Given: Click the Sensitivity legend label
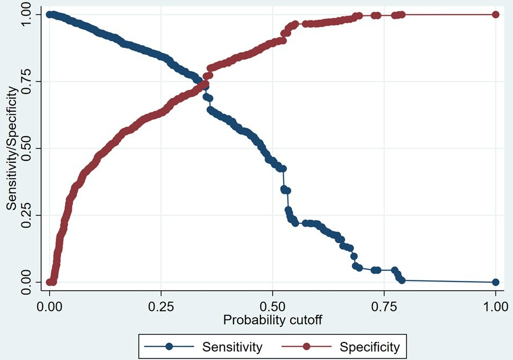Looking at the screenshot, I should (x=232, y=347).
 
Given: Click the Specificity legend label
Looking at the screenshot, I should (x=369, y=347).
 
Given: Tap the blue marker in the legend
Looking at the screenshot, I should (x=169, y=347).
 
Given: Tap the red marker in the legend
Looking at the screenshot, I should (x=307, y=347).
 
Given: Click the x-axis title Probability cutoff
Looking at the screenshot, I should (x=273, y=320).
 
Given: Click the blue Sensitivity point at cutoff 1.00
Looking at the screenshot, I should (x=495, y=282).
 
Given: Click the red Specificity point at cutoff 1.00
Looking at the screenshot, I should (x=495, y=14).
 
